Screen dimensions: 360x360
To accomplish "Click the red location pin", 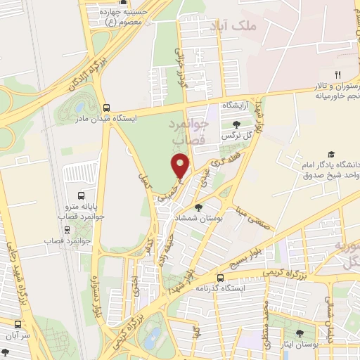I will pyautogui.click(x=181, y=166).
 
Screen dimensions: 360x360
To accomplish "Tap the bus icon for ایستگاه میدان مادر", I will pyautogui.click(x=106, y=108).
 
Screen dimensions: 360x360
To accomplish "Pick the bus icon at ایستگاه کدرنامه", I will pyautogui.click(x=220, y=277).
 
